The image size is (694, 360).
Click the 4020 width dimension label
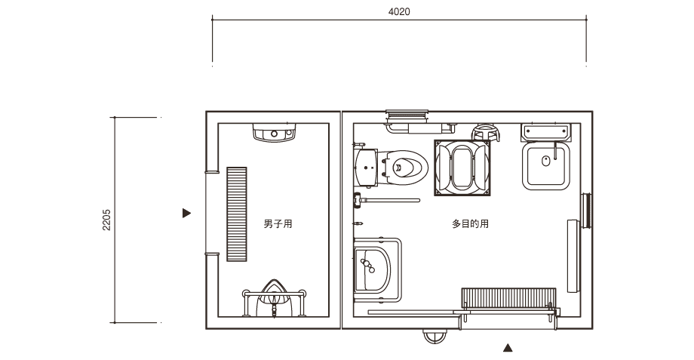pyautogui.click(x=399, y=12)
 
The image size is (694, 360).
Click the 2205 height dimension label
pyautogui.click(x=106, y=220)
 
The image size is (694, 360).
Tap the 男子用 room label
pyautogui.click(x=278, y=223)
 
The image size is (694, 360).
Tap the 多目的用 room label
pyautogui.click(x=470, y=223)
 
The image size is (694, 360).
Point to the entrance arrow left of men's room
pyautogui.click(x=186, y=213)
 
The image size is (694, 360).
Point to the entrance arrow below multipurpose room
pyautogui.click(x=508, y=348)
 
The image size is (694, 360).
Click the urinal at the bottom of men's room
pyautogui.click(x=274, y=297)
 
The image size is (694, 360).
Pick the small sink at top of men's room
pyautogui.click(x=274, y=132)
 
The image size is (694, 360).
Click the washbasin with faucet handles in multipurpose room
pyautogui.click(x=372, y=265)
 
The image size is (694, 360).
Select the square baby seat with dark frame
pyautogui.click(x=462, y=168)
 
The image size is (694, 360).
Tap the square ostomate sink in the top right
pyautogui.click(x=545, y=165)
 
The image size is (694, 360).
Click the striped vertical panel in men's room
pyautogui.click(x=237, y=214)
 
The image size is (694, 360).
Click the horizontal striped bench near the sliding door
pyautogui.click(x=508, y=298)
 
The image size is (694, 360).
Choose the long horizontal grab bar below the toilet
pyautogui.click(x=386, y=200)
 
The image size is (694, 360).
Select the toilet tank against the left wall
pyautogui.click(x=366, y=167)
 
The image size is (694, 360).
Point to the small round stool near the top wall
pyautogui.click(x=486, y=132)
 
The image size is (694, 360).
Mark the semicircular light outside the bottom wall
pyautogui.click(x=435, y=336)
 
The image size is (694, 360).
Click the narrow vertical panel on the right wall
pyautogui.click(x=573, y=256)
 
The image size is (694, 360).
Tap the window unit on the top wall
pyautogui.click(x=407, y=116)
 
